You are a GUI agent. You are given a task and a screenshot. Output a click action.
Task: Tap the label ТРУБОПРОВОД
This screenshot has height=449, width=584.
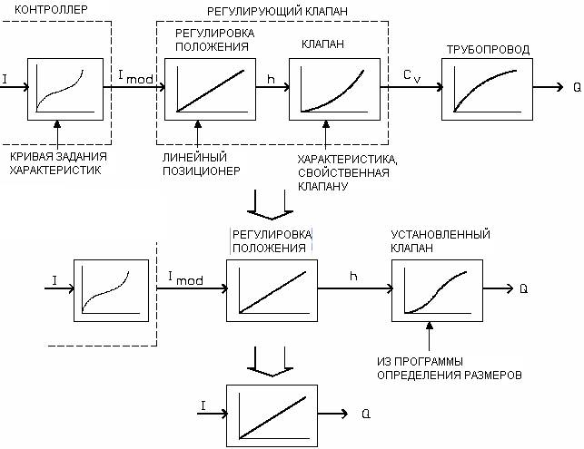(x=489, y=49)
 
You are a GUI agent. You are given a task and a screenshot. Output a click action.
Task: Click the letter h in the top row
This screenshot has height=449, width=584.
(x=271, y=78)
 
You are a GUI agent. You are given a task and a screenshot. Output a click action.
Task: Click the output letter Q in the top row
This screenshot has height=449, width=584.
(x=577, y=88)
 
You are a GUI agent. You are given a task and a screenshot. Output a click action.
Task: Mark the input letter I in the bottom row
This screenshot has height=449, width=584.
(x=204, y=405)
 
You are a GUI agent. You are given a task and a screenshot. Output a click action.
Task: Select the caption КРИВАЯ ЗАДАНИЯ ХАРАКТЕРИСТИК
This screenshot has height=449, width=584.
(x=58, y=162)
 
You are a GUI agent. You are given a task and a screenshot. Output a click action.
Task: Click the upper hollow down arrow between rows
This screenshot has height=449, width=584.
(x=271, y=206)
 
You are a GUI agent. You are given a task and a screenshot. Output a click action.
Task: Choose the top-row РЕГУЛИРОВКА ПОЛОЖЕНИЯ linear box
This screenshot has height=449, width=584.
(x=211, y=88)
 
